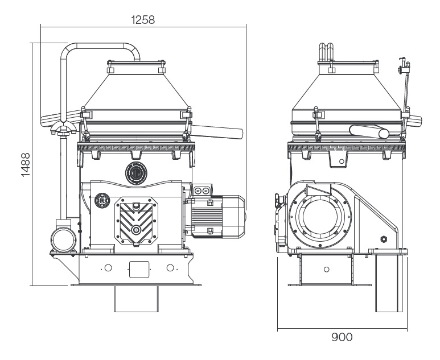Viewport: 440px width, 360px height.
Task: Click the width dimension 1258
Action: pyautogui.click(x=143, y=19)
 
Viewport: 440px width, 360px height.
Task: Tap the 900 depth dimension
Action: pyautogui.click(x=342, y=337)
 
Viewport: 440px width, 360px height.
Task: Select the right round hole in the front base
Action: pyautogui.click(x=169, y=268)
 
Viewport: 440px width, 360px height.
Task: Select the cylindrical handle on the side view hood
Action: pyautogui.click(x=369, y=132)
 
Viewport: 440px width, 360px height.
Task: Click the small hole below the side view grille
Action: pyautogui.click(x=341, y=162)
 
